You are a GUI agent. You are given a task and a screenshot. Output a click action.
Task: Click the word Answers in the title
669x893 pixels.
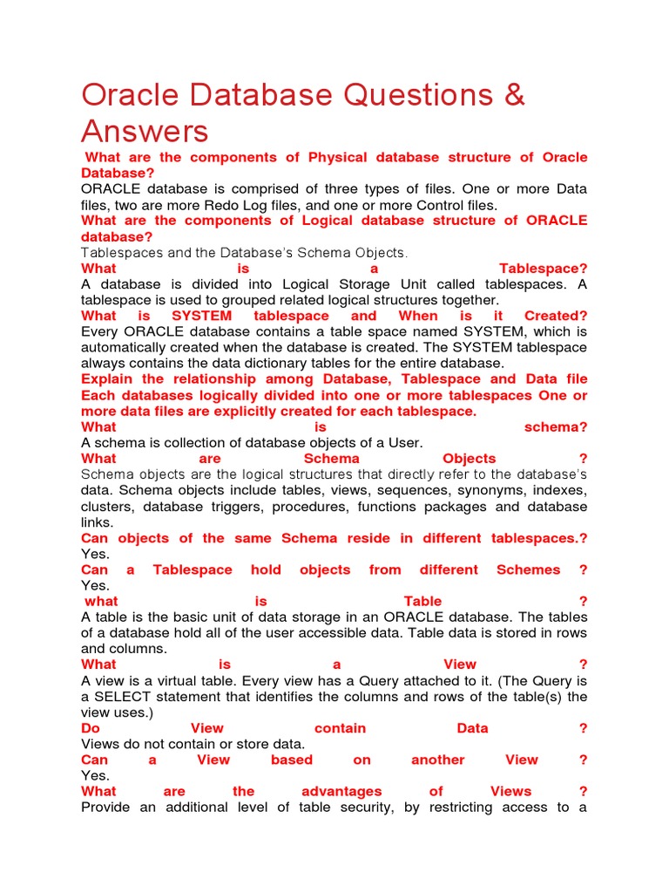tap(145, 132)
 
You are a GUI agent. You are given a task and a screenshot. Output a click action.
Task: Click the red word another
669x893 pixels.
tap(438, 760)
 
